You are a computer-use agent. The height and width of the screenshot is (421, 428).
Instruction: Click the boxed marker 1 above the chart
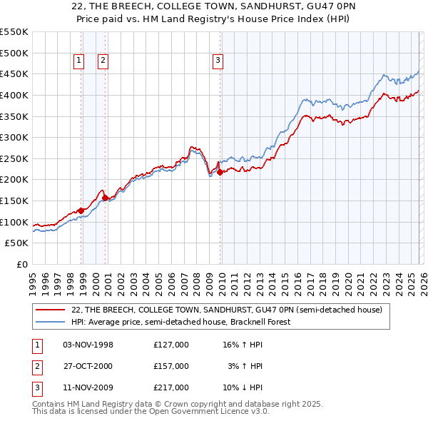coord(78,61)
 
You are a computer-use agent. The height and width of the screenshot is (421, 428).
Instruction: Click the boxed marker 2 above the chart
coord(103,61)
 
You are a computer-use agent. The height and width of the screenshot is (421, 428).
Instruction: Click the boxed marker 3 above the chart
coord(217,61)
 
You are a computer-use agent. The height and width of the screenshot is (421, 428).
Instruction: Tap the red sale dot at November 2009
coord(220,172)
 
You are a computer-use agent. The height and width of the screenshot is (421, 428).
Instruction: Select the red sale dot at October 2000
coord(106,198)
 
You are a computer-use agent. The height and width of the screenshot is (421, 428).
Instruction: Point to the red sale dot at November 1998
coord(81,210)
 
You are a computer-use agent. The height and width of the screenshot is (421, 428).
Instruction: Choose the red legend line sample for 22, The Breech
coord(50,310)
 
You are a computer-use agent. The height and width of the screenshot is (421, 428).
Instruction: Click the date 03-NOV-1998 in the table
coord(88,345)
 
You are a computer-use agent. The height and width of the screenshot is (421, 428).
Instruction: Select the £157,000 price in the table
coord(171,366)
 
